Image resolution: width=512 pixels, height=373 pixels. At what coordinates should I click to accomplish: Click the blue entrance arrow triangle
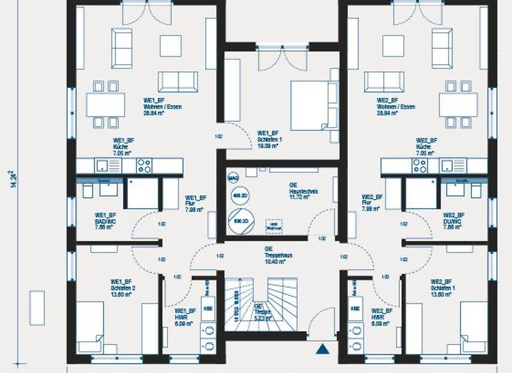(x=323, y=348)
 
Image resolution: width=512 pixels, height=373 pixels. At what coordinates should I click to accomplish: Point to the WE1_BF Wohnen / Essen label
(x=162, y=107)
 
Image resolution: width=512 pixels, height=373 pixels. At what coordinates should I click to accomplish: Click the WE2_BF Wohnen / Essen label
(x=397, y=107)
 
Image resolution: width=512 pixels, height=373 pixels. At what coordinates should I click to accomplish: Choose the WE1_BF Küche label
(x=123, y=147)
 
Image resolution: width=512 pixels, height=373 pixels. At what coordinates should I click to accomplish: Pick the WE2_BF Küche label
(x=427, y=147)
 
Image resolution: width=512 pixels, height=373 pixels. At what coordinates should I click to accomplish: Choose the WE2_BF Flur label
(x=371, y=202)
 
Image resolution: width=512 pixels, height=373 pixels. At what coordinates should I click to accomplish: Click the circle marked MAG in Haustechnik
(x=233, y=178)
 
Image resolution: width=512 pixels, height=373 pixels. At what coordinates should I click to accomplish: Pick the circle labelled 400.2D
(x=239, y=196)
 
